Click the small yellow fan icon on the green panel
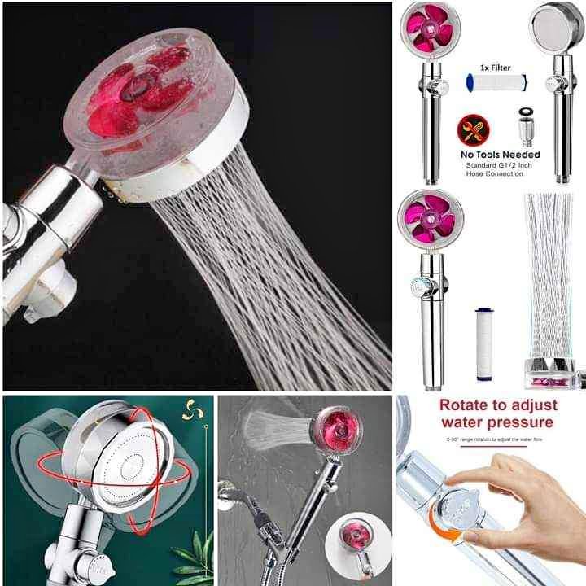coord(192,410)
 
